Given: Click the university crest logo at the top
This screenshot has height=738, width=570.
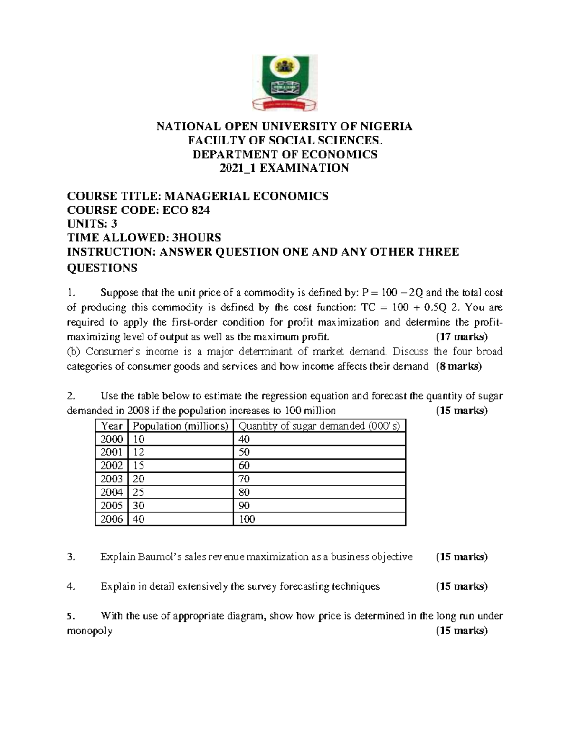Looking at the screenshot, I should coord(284,83).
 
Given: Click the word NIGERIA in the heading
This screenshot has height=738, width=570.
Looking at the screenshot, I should coord(385,126).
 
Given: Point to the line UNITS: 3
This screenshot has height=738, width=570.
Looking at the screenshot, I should coord(92,224).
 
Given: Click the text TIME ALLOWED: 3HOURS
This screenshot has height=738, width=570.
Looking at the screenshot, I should coord(144,238).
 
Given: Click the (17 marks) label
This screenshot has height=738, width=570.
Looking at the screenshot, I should coord(461,337).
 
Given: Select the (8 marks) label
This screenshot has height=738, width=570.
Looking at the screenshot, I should coord(458,366).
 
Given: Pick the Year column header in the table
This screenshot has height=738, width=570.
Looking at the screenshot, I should coord(112,426).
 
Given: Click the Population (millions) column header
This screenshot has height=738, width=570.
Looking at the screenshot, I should coord(180,426).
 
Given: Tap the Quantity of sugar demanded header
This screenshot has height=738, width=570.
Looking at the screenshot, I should coord(319,426).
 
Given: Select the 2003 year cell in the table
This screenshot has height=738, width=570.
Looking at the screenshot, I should coord(112,479).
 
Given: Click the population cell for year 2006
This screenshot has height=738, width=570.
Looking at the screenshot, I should coord(139,519).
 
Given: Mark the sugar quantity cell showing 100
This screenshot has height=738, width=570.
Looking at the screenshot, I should coord(247,519).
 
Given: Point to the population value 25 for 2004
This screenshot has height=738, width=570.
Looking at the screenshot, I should coord(139,492).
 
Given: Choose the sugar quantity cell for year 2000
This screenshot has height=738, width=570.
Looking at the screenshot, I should coord(244,439).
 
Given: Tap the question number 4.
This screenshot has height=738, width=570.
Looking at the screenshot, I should coord(71,586).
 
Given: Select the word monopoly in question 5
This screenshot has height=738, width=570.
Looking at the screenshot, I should coord(89,631).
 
